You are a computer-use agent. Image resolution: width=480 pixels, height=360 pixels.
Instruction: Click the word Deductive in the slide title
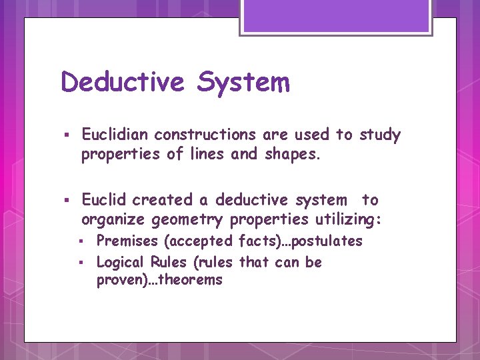coord(122,83)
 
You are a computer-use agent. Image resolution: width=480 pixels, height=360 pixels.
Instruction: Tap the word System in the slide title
coord(243,83)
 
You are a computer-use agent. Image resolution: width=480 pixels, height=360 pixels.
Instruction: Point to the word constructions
coord(205,135)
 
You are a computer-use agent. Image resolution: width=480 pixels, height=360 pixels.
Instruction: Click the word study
coord(380,135)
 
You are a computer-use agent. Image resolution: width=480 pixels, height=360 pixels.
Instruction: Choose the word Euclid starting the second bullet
coord(105,199)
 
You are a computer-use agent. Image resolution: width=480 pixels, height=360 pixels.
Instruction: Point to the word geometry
coord(195,219)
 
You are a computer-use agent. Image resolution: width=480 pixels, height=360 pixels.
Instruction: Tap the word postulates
coord(327,241)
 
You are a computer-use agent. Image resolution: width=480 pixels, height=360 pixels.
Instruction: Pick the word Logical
coord(121,262)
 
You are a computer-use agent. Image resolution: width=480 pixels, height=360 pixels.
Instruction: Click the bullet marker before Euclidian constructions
coord(66,136)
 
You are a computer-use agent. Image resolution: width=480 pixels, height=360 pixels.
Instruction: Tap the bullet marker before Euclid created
coord(66,201)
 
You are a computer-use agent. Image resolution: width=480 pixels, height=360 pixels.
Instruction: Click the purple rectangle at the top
coord(336,16)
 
